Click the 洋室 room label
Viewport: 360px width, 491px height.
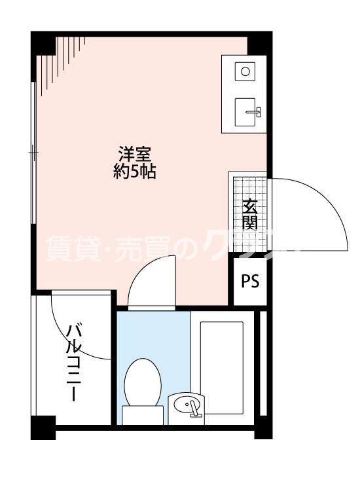click(135, 155)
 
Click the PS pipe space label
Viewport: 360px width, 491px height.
click(250, 282)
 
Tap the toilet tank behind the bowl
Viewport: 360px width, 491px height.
click(143, 415)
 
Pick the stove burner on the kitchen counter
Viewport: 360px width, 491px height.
click(245, 71)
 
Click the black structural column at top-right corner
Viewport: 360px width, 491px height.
click(259, 43)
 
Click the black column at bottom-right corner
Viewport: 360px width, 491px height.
click(262, 429)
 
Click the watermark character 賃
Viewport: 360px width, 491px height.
click(58, 249)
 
